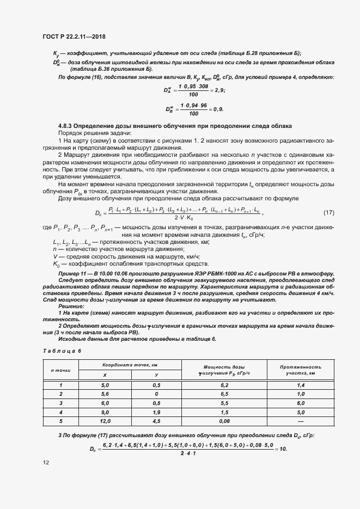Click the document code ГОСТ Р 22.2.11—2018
click(x=74, y=36)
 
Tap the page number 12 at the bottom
click(x=46, y=463)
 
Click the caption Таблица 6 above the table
click(x=62, y=351)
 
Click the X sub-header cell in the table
click(x=105, y=375)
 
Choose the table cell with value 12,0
click(x=105, y=421)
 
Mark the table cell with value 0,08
click(x=224, y=421)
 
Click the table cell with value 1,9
click(x=156, y=412)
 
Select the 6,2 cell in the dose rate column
click(x=224, y=384)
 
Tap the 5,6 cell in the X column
click(x=105, y=394)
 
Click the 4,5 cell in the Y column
click(x=156, y=421)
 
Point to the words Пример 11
click(x=70, y=273)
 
